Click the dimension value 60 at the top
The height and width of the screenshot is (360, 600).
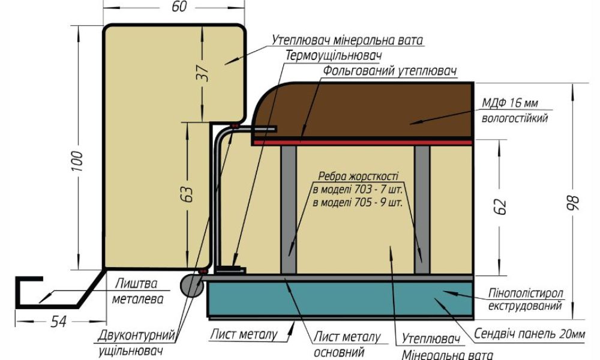[179, 7]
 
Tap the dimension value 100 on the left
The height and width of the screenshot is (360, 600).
[77, 161]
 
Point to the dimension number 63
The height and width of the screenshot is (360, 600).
[187, 194]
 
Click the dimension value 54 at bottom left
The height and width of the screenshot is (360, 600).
[59, 322]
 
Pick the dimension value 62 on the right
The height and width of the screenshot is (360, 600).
[502, 206]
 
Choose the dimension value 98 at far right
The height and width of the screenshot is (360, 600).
[575, 203]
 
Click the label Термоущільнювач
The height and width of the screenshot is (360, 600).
[334, 55]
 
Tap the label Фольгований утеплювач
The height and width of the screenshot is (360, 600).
[390, 71]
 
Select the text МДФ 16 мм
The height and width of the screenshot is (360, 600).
[509, 103]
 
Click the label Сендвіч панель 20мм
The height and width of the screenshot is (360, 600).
[530, 334]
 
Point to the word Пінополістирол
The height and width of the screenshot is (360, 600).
[526, 293]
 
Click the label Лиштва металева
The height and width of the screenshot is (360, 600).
[137, 291]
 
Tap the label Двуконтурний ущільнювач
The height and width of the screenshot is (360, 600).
[136, 343]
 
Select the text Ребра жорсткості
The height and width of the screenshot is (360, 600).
[358, 176]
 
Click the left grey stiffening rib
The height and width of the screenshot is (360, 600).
[289, 209]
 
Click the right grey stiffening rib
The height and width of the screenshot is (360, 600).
[422, 209]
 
